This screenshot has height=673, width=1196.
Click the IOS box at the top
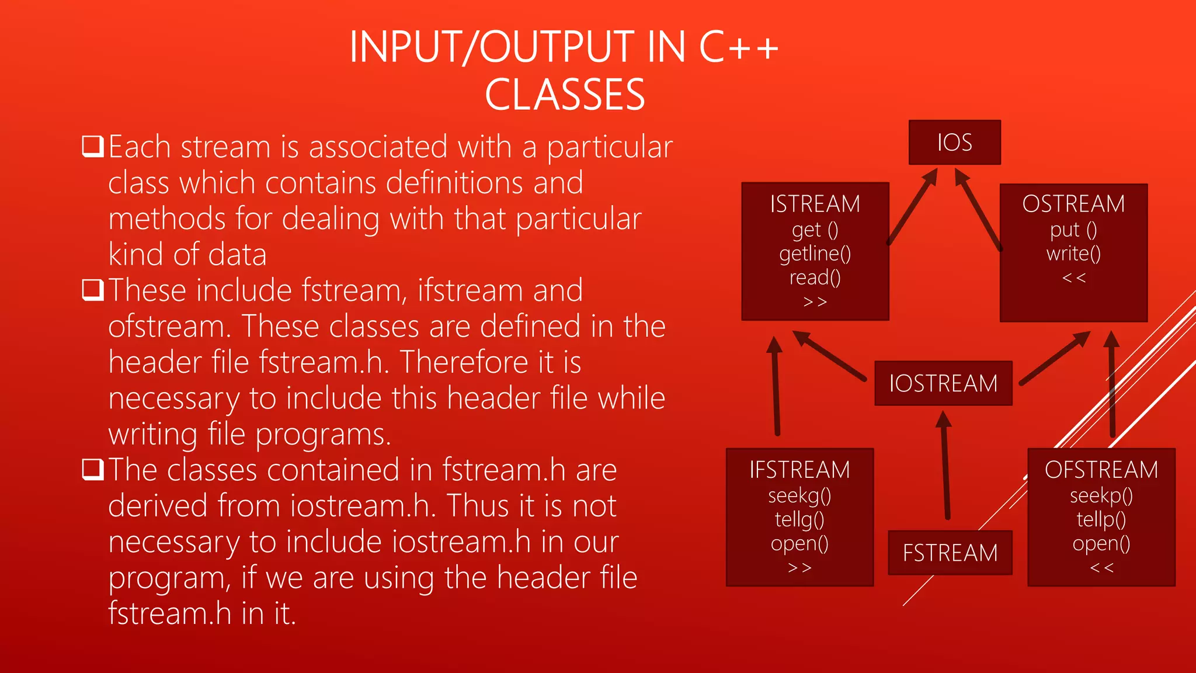pyautogui.click(x=954, y=143)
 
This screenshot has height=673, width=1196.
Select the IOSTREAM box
pyautogui.click(x=943, y=383)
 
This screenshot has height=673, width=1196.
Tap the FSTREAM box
pyautogui.click(x=950, y=553)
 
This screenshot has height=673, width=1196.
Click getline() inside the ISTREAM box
pyautogui.click(x=815, y=254)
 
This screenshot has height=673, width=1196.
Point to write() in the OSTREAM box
pyautogui.click(x=1073, y=254)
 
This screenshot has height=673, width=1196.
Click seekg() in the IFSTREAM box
pyautogui.click(x=799, y=495)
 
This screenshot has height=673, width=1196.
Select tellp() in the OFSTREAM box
pyautogui.click(x=1101, y=519)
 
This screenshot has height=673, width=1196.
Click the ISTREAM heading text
pyautogui.click(x=815, y=204)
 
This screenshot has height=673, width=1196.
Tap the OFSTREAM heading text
pyautogui.click(x=1101, y=470)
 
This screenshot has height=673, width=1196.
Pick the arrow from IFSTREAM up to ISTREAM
pyautogui.click(x=776, y=386)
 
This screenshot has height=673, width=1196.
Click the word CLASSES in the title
pyautogui.click(x=565, y=95)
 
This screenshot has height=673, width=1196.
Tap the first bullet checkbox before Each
pyautogui.click(x=93, y=146)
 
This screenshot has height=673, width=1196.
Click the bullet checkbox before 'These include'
pyautogui.click(x=93, y=290)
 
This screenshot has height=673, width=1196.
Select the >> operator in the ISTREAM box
pyautogui.click(x=815, y=301)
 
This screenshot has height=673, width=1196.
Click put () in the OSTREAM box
pyautogui.click(x=1073, y=230)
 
